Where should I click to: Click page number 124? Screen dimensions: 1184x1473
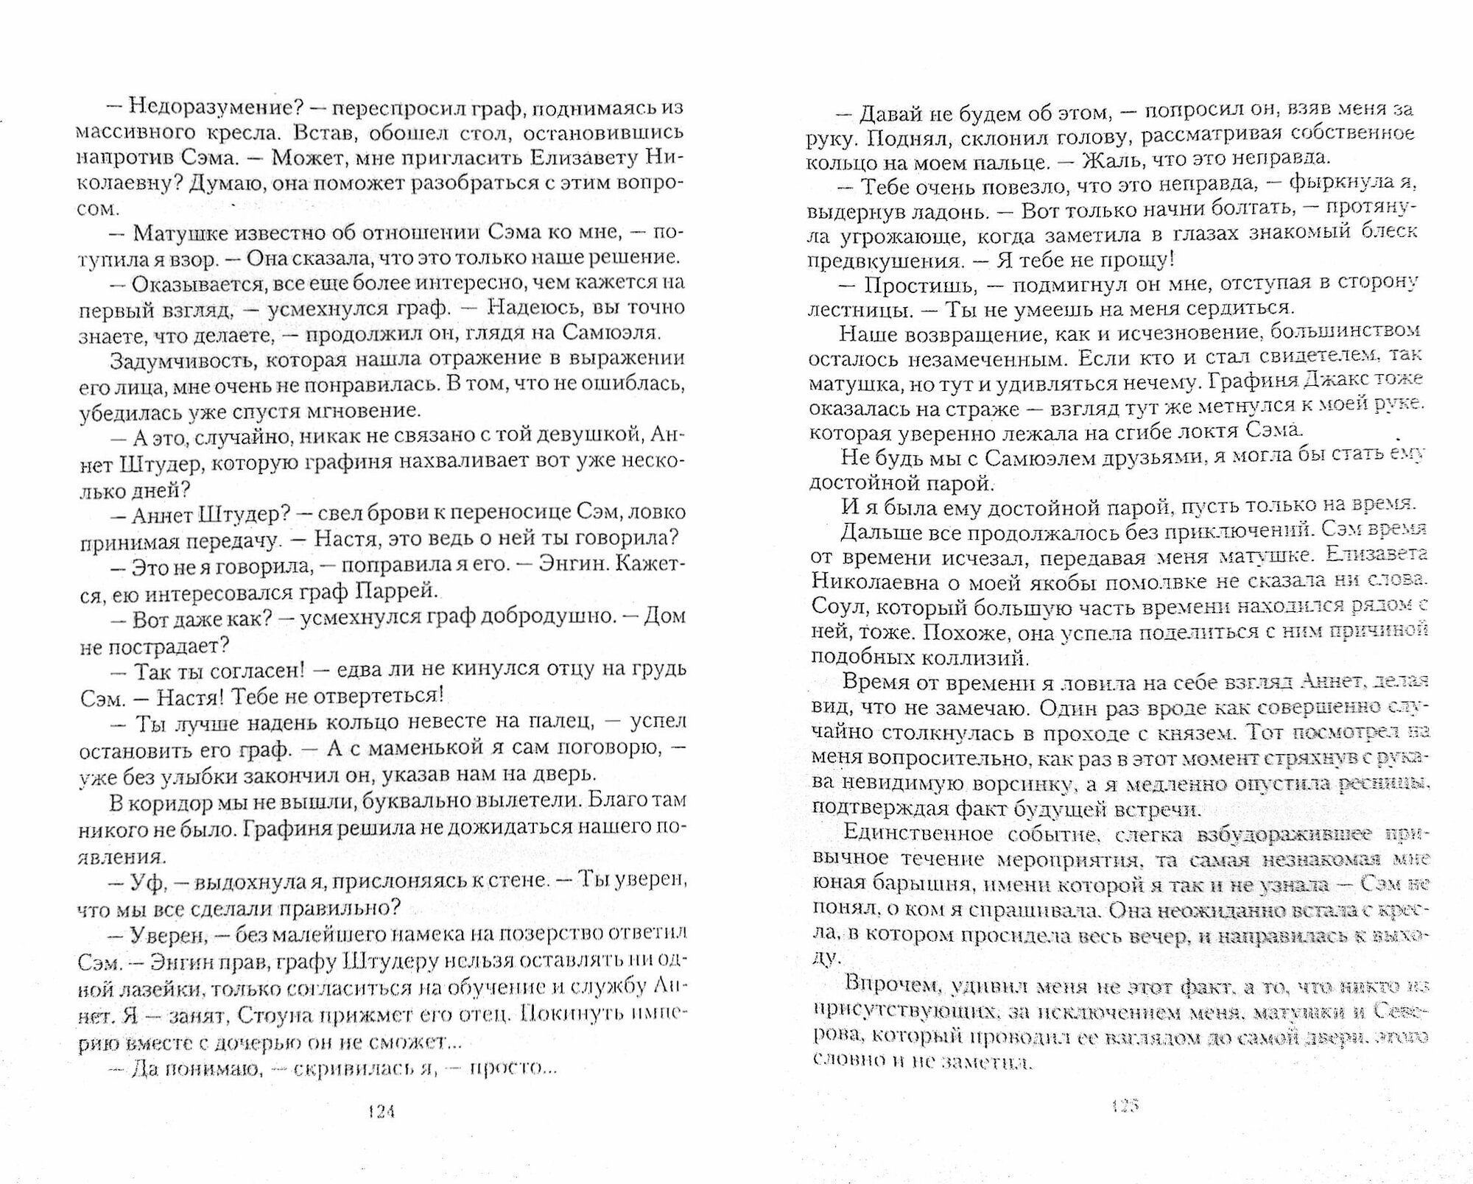[381, 1112]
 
